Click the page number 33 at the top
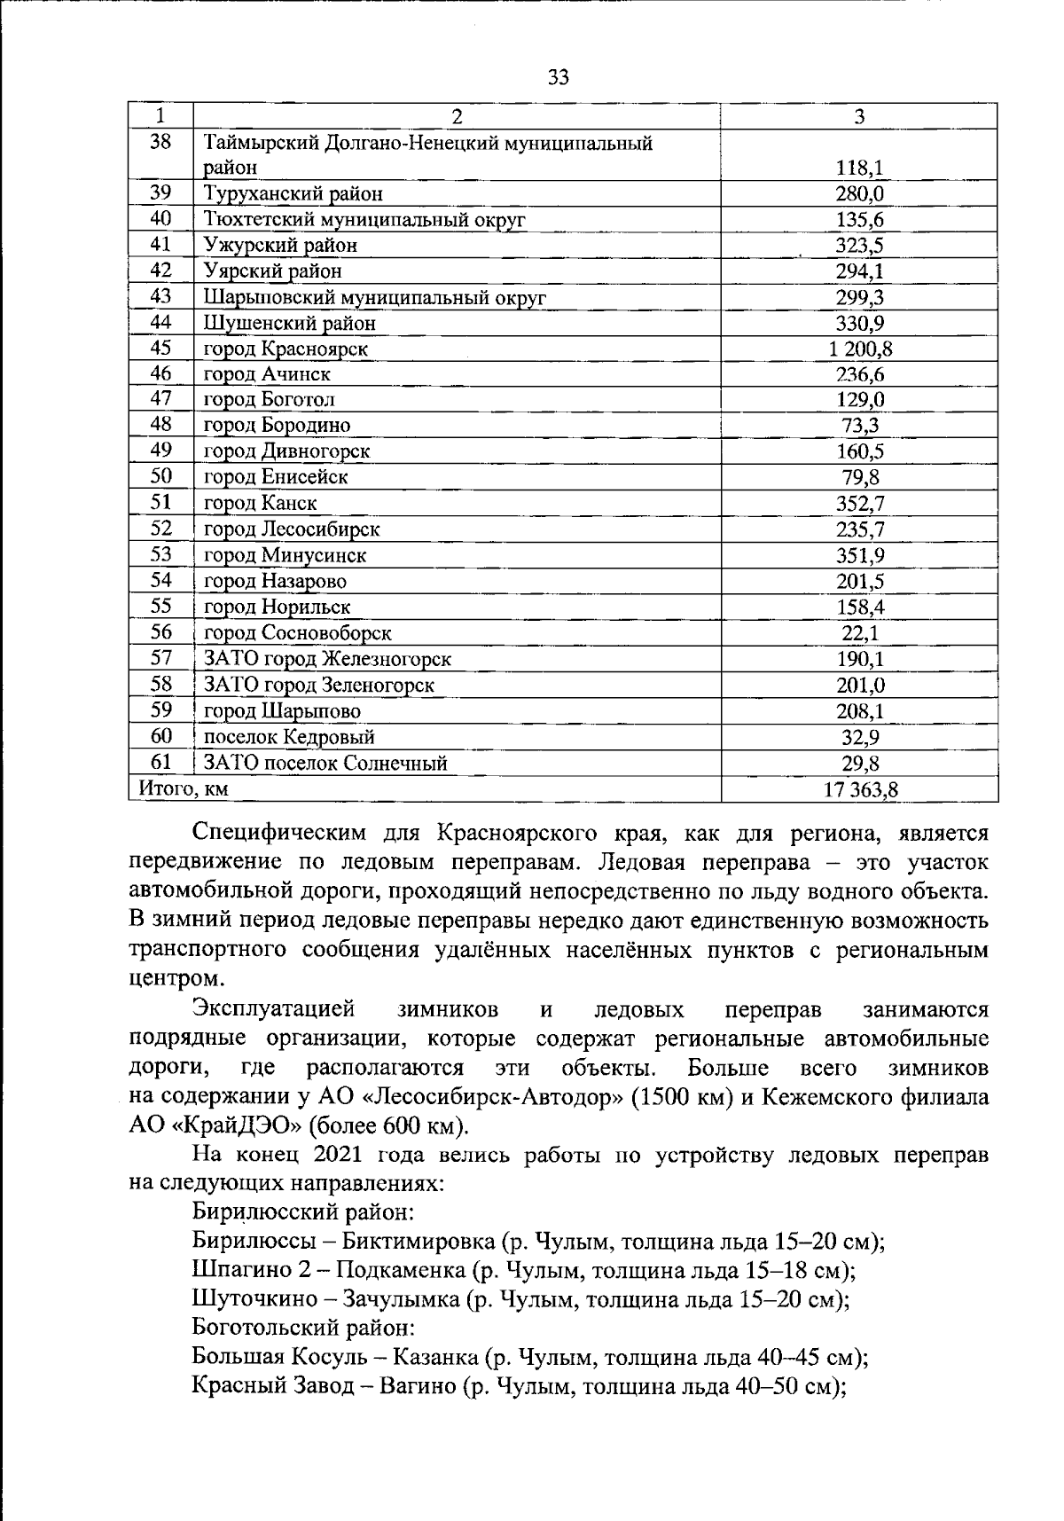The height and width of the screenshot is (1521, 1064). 559,77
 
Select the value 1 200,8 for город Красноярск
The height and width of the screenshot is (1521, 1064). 859,349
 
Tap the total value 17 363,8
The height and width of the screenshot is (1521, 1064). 860,789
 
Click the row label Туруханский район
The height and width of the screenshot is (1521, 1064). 293,193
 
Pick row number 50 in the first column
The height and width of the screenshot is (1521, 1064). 160,476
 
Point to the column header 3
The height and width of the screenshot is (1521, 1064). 859,116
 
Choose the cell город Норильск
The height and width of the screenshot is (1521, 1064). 277,608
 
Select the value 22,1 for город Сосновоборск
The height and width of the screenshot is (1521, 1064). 859,633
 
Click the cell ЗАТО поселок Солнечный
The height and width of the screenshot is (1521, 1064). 325,763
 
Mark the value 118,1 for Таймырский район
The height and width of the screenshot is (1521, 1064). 859,168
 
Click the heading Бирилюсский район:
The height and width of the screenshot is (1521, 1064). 303,1211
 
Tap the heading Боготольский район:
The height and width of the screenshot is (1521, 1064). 302,1328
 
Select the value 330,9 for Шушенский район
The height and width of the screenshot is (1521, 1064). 859,323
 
